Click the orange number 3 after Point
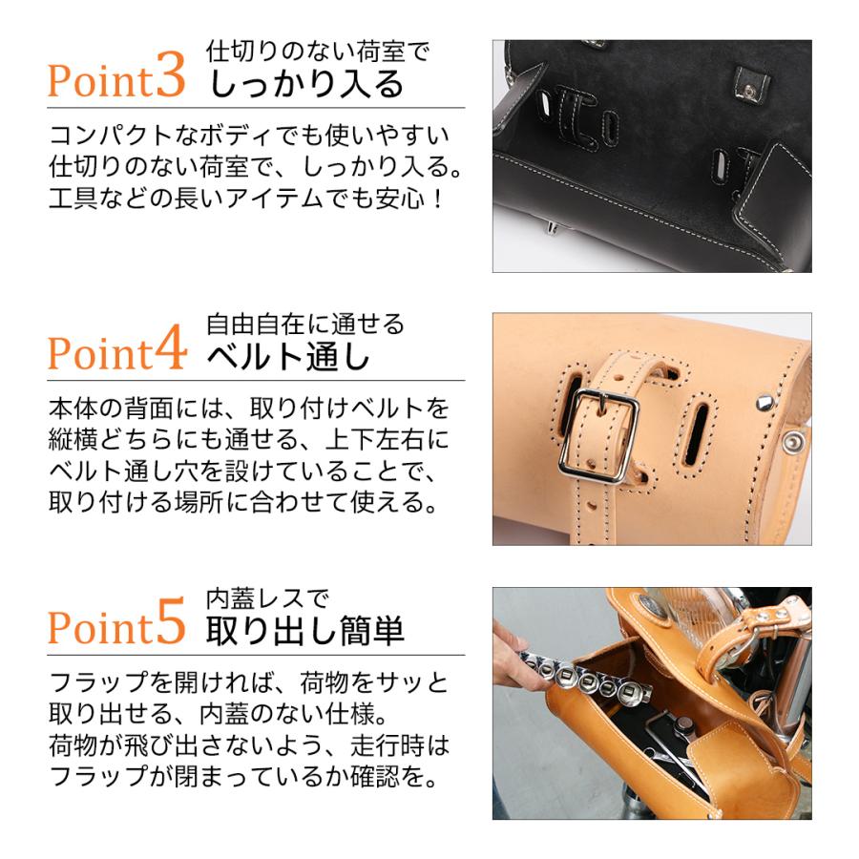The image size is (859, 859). coord(169,79)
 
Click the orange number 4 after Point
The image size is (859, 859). coord(169,352)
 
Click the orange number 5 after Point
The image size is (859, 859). coord(169,626)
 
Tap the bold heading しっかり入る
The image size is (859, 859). coord(306,84)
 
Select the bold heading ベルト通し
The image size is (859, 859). coord(288,358)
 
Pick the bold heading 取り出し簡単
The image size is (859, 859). coord(306,631)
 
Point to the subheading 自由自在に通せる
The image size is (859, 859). coord(305,324)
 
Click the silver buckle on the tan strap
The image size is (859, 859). coord(598,435)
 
